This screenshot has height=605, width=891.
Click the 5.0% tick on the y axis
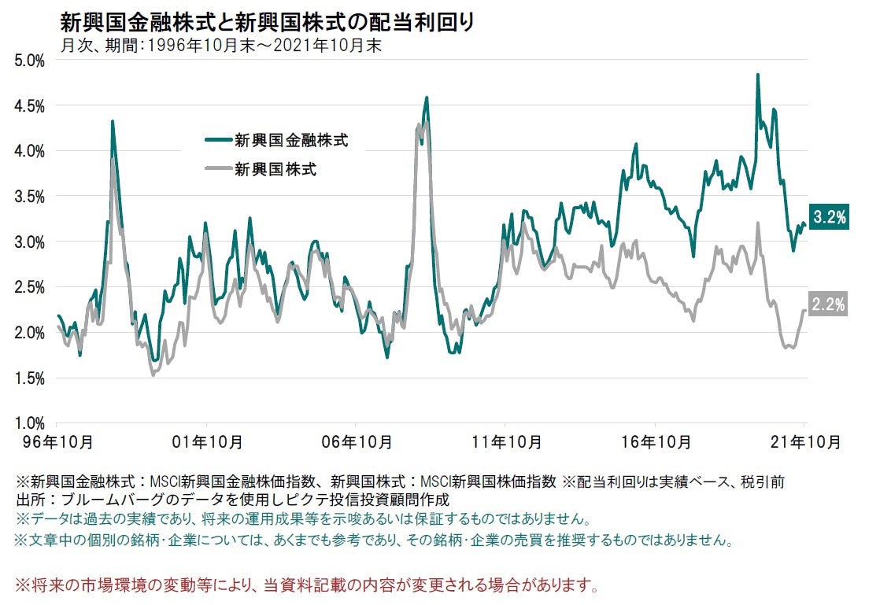[29, 61]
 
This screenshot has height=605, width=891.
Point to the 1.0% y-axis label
[29, 423]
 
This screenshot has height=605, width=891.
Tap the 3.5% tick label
[29, 197]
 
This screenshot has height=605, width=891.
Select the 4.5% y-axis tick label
[29, 106]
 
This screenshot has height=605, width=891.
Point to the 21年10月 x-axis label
[805, 441]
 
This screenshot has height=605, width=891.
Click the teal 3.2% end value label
[830, 219]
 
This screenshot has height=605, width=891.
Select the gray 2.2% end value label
[830, 304]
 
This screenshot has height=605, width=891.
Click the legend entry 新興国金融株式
[290, 142]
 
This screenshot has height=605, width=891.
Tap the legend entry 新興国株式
[275, 168]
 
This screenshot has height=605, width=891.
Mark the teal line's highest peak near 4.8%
[757, 75]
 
